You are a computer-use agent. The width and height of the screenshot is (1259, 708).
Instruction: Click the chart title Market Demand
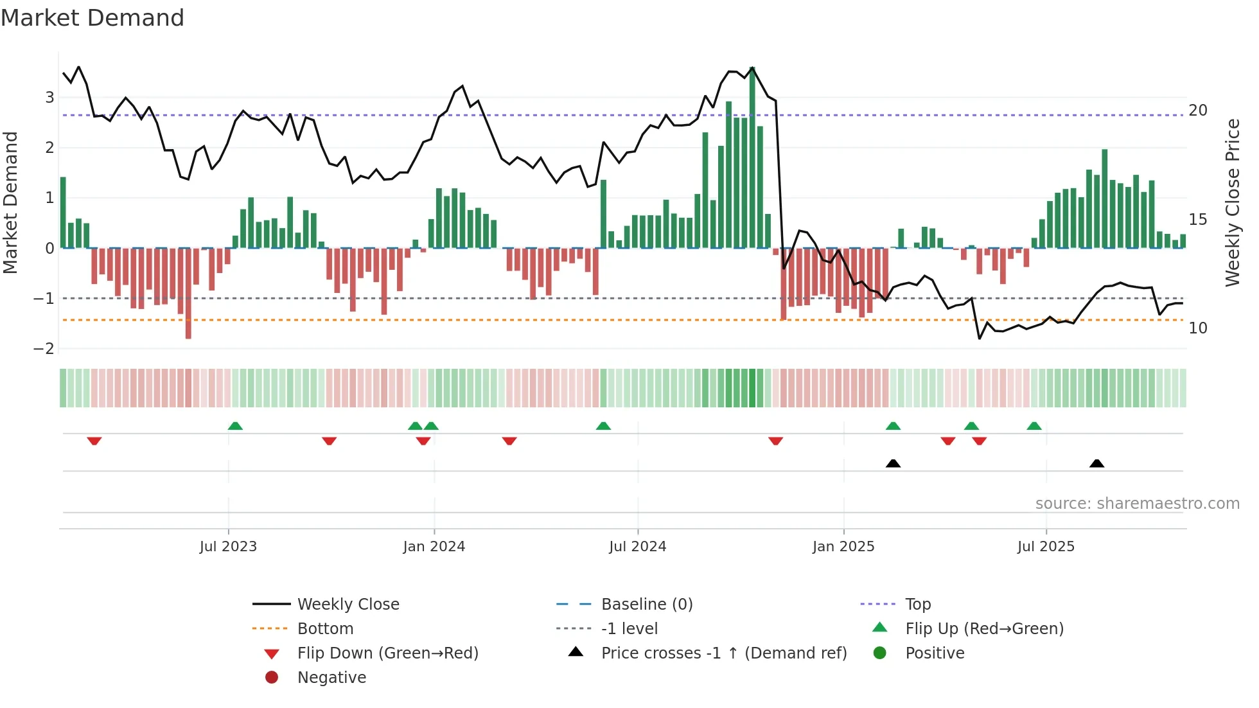[x=92, y=18]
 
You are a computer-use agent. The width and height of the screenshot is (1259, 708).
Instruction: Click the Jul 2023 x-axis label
[x=228, y=547]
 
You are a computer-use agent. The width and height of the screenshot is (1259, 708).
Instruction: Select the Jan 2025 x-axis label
[x=843, y=547]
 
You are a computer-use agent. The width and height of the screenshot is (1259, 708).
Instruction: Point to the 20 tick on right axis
[x=1198, y=111]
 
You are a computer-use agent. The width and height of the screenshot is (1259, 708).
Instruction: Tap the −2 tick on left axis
[x=44, y=349]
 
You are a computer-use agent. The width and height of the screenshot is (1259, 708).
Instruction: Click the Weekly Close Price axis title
[x=1232, y=202]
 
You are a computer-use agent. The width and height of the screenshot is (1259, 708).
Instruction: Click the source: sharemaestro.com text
[x=1137, y=504]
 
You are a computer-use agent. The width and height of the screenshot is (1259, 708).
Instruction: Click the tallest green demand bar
[x=752, y=157]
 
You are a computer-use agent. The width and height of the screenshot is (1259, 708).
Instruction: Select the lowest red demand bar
[x=188, y=293]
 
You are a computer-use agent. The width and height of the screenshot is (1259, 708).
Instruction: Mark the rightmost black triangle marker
[x=1097, y=463]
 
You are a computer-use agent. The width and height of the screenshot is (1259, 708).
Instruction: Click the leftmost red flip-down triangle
[x=94, y=441]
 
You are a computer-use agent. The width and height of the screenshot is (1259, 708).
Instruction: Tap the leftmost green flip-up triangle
[x=235, y=426]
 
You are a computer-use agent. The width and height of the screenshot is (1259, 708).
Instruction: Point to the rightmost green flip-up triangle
[x=1034, y=426]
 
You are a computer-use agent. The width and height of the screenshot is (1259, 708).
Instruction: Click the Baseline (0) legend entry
[x=646, y=605]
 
